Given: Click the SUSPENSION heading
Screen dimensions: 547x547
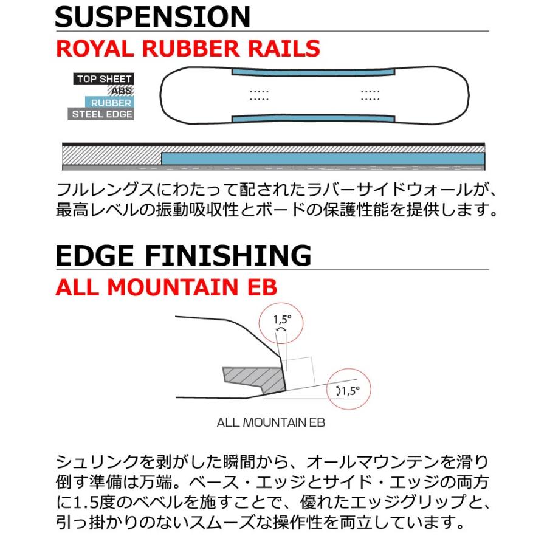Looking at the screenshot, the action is tap(153, 16).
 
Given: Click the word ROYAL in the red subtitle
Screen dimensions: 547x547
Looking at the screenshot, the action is tap(95, 49).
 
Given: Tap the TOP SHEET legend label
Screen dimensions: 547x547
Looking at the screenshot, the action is tap(103, 79).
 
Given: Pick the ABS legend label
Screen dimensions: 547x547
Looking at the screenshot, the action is tap(121, 91).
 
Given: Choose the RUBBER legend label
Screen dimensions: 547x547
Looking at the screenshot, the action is tap(110, 102).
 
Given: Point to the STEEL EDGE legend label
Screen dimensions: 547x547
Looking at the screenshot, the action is tap(101, 114).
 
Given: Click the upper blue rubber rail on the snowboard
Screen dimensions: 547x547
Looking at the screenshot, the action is tap(313, 72).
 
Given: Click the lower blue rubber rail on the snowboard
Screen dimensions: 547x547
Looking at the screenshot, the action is tap(313, 119).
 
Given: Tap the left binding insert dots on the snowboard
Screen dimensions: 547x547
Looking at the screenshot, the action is tap(259, 95).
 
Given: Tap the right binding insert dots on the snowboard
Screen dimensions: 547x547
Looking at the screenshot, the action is tap(370, 95).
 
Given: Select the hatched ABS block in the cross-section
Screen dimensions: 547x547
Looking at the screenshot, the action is tap(112, 156).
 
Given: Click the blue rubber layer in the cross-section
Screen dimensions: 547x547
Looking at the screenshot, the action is tap(323, 159).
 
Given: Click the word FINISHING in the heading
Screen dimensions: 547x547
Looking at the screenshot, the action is tap(228, 255).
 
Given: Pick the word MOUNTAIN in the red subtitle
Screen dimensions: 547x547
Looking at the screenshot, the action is tap(173, 287).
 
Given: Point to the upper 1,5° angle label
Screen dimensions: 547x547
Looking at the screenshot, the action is tap(282, 319).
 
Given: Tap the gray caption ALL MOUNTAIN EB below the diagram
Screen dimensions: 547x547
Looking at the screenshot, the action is tap(271, 422).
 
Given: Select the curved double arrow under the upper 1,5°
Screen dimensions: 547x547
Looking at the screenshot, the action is tap(281, 329).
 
